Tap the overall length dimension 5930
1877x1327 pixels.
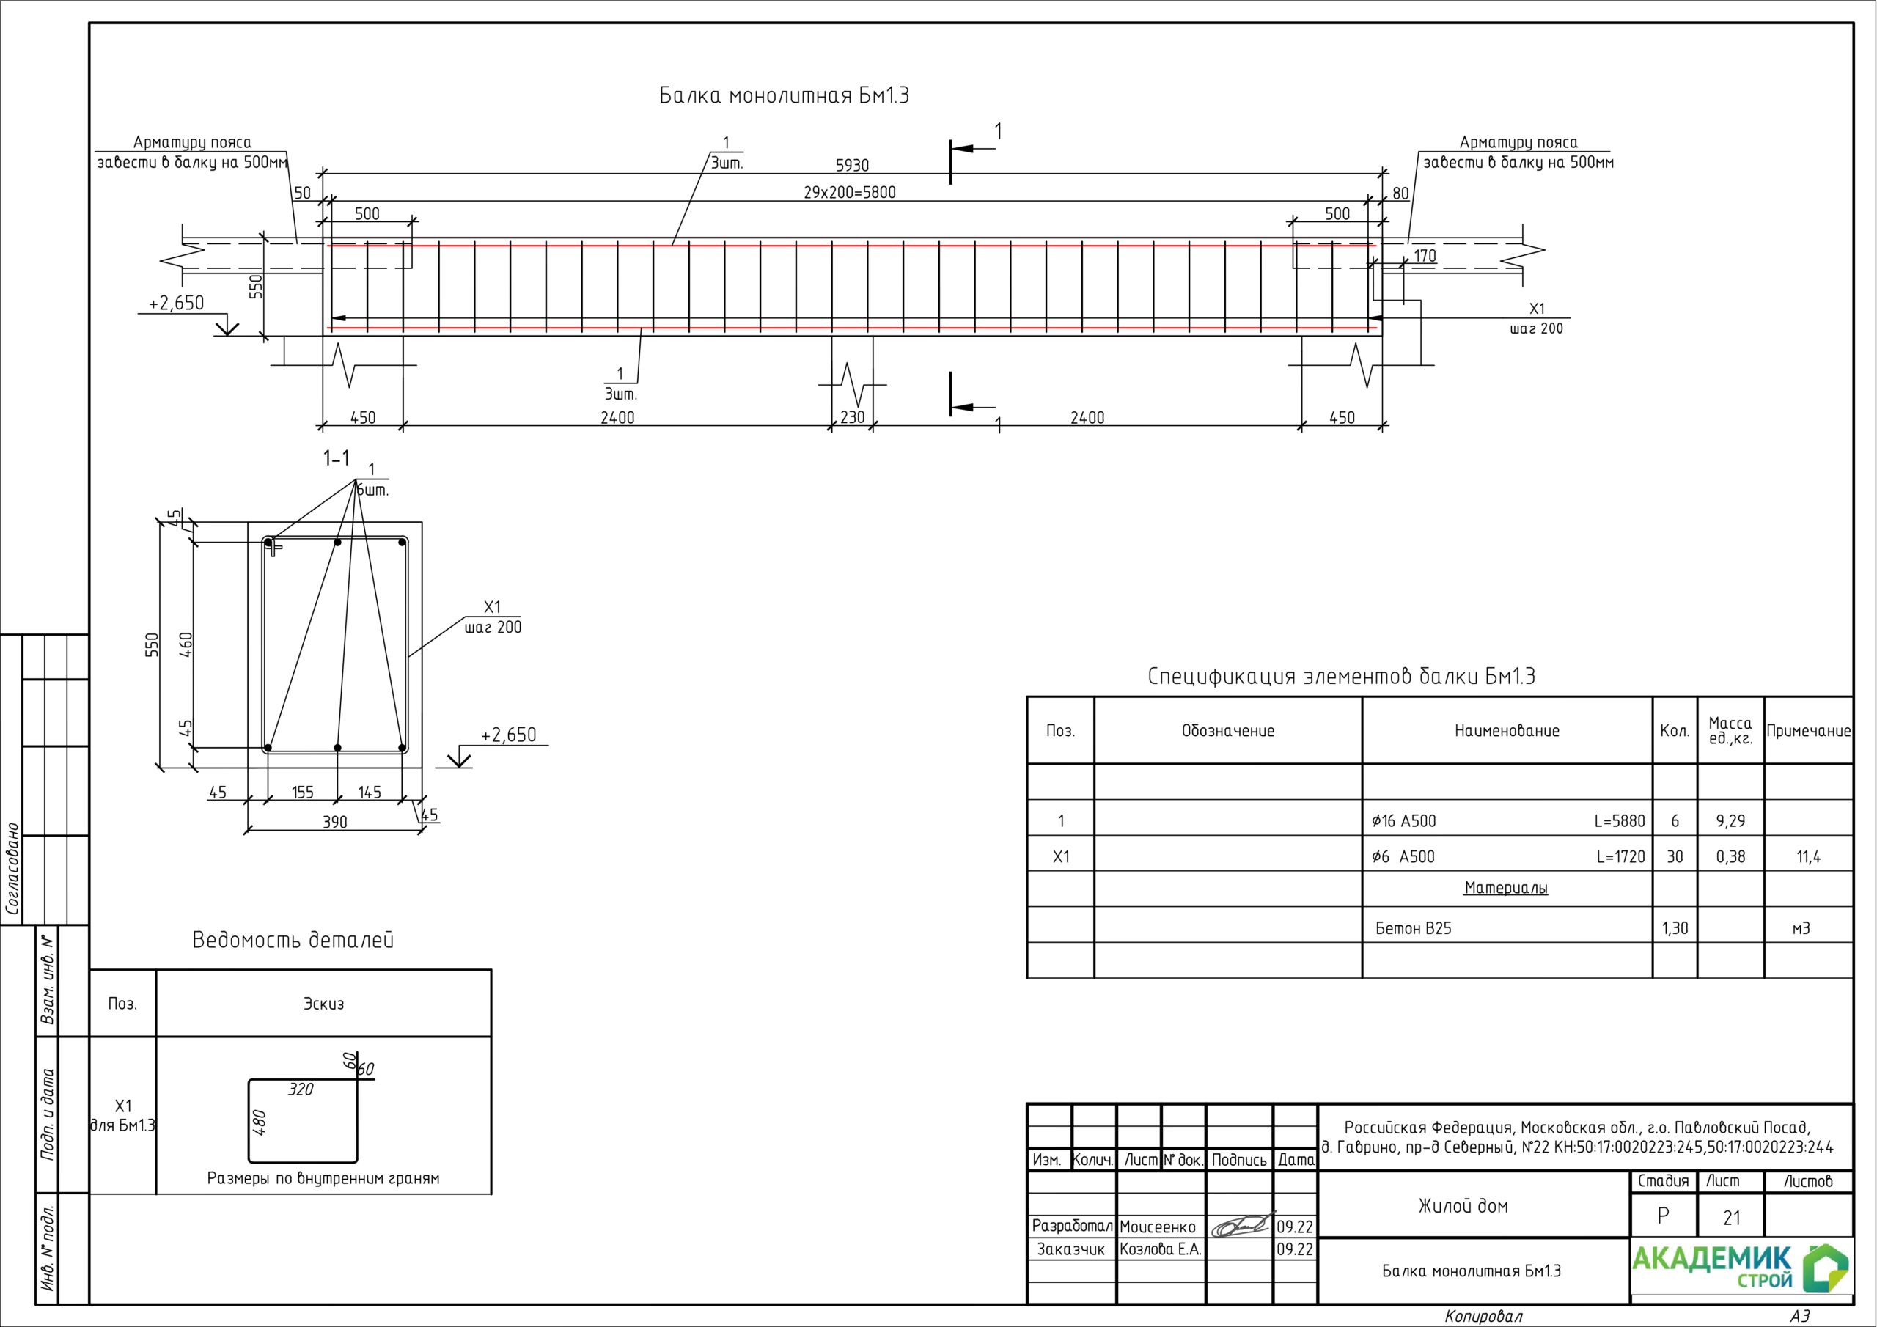(x=852, y=166)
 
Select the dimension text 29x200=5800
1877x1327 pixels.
(x=849, y=193)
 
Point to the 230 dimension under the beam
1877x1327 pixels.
(x=852, y=418)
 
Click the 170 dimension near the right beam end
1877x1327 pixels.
(x=1425, y=256)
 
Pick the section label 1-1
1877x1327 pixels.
(x=336, y=459)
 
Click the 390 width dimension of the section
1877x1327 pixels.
(x=334, y=823)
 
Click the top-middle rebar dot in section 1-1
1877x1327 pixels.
(x=337, y=542)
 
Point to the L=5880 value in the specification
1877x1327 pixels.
(x=1620, y=821)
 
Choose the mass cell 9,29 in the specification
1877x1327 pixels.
(x=1730, y=821)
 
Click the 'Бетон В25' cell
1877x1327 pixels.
(x=1414, y=928)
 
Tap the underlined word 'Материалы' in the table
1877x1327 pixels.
(x=1506, y=888)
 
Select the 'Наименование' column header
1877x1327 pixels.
(x=1507, y=731)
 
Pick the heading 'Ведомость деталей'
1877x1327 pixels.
(x=293, y=941)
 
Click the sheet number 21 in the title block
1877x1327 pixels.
(x=1732, y=1218)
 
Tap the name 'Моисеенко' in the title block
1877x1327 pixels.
(x=1158, y=1227)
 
